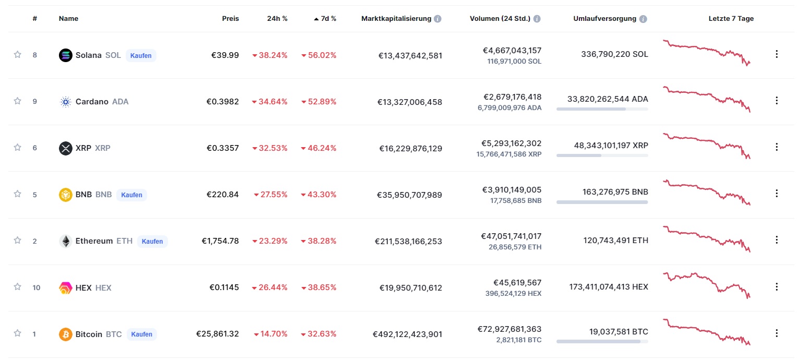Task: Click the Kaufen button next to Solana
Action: pyautogui.click(x=141, y=55)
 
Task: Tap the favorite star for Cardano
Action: pyautogui.click(x=17, y=101)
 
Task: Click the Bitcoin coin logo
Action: pyautogui.click(x=66, y=334)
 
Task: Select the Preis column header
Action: pyautogui.click(x=230, y=19)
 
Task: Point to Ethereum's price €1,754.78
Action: pyautogui.click(x=220, y=241)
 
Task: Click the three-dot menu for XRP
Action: pyautogui.click(x=776, y=147)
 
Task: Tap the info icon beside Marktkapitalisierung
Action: pyautogui.click(x=438, y=19)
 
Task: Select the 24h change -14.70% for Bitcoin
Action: pyautogui.click(x=270, y=334)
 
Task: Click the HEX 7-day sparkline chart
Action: pyautogui.click(x=706, y=286)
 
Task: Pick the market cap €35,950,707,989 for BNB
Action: pyautogui.click(x=409, y=195)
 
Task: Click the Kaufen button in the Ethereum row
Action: pyautogui.click(x=152, y=241)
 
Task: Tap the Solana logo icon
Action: pyautogui.click(x=66, y=55)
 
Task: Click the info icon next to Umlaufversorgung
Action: pyautogui.click(x=643, y=19)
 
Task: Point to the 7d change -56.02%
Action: pyautogui.click(x=319, y=55)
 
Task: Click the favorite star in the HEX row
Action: pyautogui.click(x=17, y=287)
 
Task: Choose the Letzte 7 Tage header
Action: pyautogui.click(x=731, y=19)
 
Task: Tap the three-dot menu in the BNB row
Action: pyautogui.click(x=776, y=194)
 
